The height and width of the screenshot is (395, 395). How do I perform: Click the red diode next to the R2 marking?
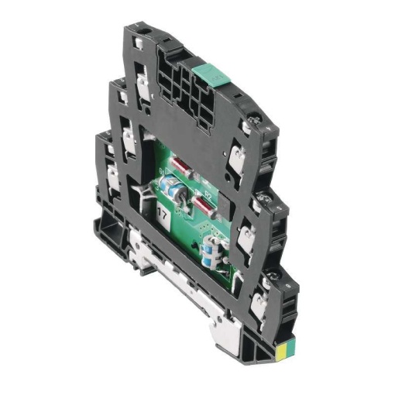tap(203, 203)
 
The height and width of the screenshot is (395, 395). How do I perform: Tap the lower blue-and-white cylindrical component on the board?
tap(210, 252)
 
